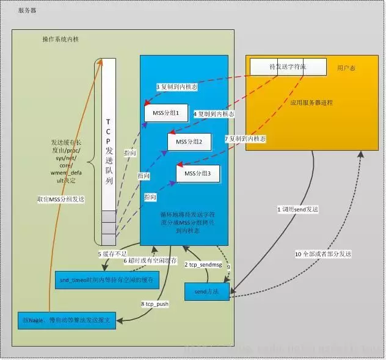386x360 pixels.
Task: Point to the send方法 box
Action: pyautogui.click(x=206, y=292)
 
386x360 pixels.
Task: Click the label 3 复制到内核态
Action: pyautogui.click(x=177, y=88)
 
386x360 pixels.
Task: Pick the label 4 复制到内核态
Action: pyautogui.click(x=214, y=114)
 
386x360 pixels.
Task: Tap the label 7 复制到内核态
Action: pyautogui.click(x=246, y=140)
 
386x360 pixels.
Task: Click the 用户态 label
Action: pyautogui.click(x=346, y=67)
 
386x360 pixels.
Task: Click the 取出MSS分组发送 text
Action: pyautogui.click(x=58, y=200)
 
